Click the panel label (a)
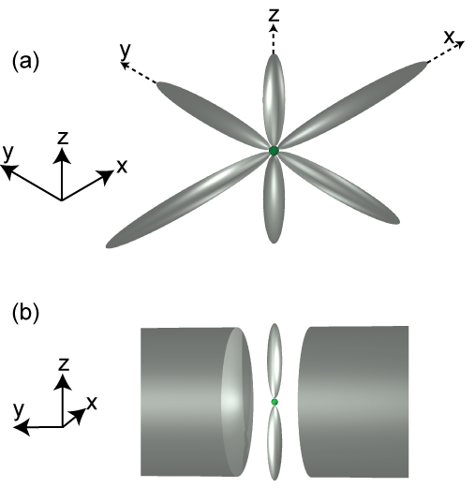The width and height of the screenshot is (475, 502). [x=25, y=62]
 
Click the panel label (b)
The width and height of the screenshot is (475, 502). [x=25, y=313]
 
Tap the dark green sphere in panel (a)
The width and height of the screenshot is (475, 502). [x=274, y=151]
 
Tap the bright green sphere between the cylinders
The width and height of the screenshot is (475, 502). [x=275, y=402]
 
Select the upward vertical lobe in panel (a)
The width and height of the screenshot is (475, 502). [x=274, y=99]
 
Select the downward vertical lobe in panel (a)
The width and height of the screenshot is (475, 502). [x=274, y=199]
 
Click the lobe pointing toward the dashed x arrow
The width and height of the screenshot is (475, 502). [x=352, y=105]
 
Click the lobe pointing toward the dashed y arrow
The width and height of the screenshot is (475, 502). [x=213, y=114]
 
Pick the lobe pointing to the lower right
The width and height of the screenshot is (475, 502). [x=339, y=187]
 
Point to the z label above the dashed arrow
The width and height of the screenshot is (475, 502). [x=274, y=15]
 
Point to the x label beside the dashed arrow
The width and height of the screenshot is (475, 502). [x=449, y=37]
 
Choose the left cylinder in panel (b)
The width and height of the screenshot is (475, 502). [x=197, y=402]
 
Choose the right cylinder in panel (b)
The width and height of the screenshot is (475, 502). [x=353, y=402]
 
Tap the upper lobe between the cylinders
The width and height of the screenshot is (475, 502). [x=275, y=361]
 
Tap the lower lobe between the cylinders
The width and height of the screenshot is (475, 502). [x=275, y=443]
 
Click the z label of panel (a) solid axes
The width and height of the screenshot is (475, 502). [x=63, y=138]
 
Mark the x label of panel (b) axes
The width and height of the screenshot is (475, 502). [x=92, y=404]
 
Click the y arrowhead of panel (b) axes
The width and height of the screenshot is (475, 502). [x=22, y=427]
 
